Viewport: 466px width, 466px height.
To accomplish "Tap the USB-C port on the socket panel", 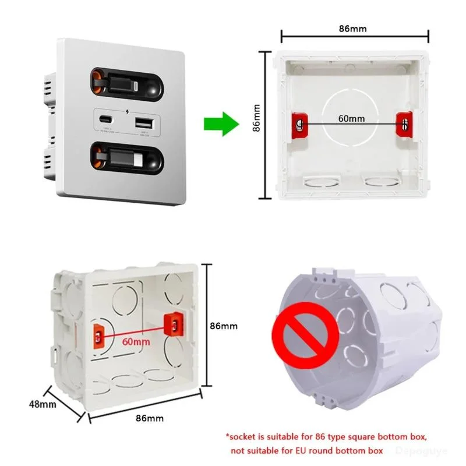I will (107, 123).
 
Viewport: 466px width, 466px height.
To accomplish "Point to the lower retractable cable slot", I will (126, 160).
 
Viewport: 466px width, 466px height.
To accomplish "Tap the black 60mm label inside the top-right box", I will (351, 119).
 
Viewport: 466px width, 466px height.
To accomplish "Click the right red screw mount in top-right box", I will (404, 122).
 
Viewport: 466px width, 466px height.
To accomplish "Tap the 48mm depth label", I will (40, 403).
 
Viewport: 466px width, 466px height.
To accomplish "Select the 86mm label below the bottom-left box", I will (150, 418).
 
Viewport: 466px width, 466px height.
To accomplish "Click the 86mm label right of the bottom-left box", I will (224, 326).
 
